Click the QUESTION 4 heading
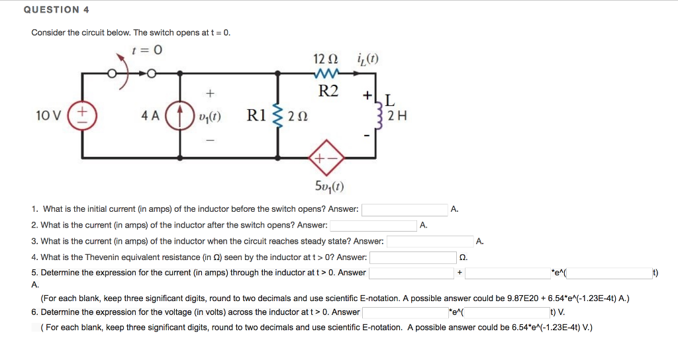pyautogui.click(x=56, y=10)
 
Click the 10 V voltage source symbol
pyautogui.click(x=83, y=116)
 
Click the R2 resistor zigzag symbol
pyautogui.click(x=329, y=73)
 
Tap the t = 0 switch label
pyautogui.click(x=147, y=50)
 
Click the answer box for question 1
pyautogui.click(x=405, y=210)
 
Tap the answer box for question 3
pyautogui.click(x=429, y=242)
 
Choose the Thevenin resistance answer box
pyautogui.click(x=412, y=257)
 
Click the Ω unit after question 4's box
pyautogui.click(x=463, y=257)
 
